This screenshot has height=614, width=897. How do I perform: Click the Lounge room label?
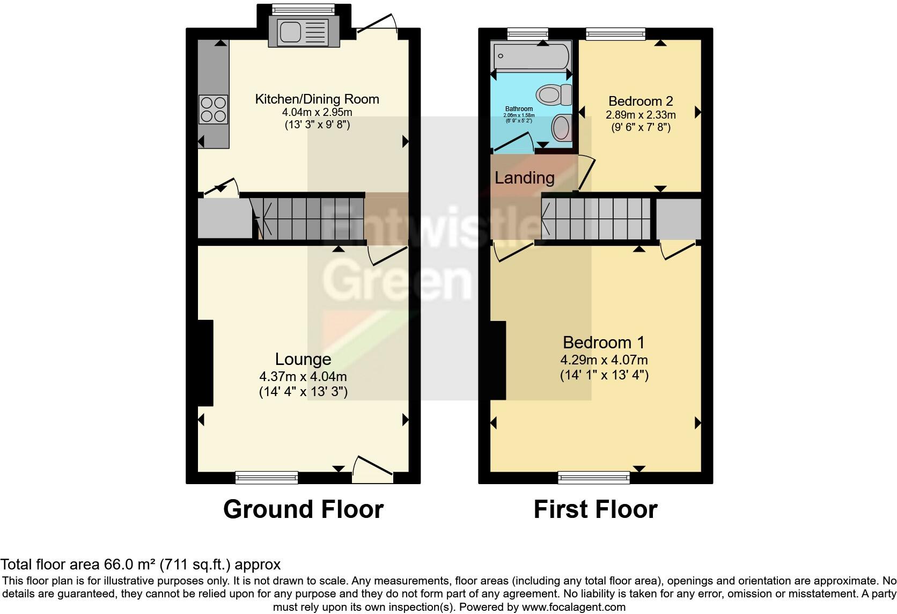303,359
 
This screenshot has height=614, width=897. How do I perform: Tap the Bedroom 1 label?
604,342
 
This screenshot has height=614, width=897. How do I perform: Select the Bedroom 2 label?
641,101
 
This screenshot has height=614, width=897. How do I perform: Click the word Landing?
524,178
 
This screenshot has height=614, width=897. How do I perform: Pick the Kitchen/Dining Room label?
317,99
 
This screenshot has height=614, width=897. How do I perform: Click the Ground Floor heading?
303,509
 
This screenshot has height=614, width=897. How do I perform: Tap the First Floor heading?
595,509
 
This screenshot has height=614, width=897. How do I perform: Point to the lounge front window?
267,477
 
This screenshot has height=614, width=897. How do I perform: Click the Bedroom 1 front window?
593,477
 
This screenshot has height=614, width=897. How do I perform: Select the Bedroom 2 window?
615,34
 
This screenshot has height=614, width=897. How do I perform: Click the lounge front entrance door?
373,468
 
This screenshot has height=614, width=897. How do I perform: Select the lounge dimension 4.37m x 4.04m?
303,377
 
